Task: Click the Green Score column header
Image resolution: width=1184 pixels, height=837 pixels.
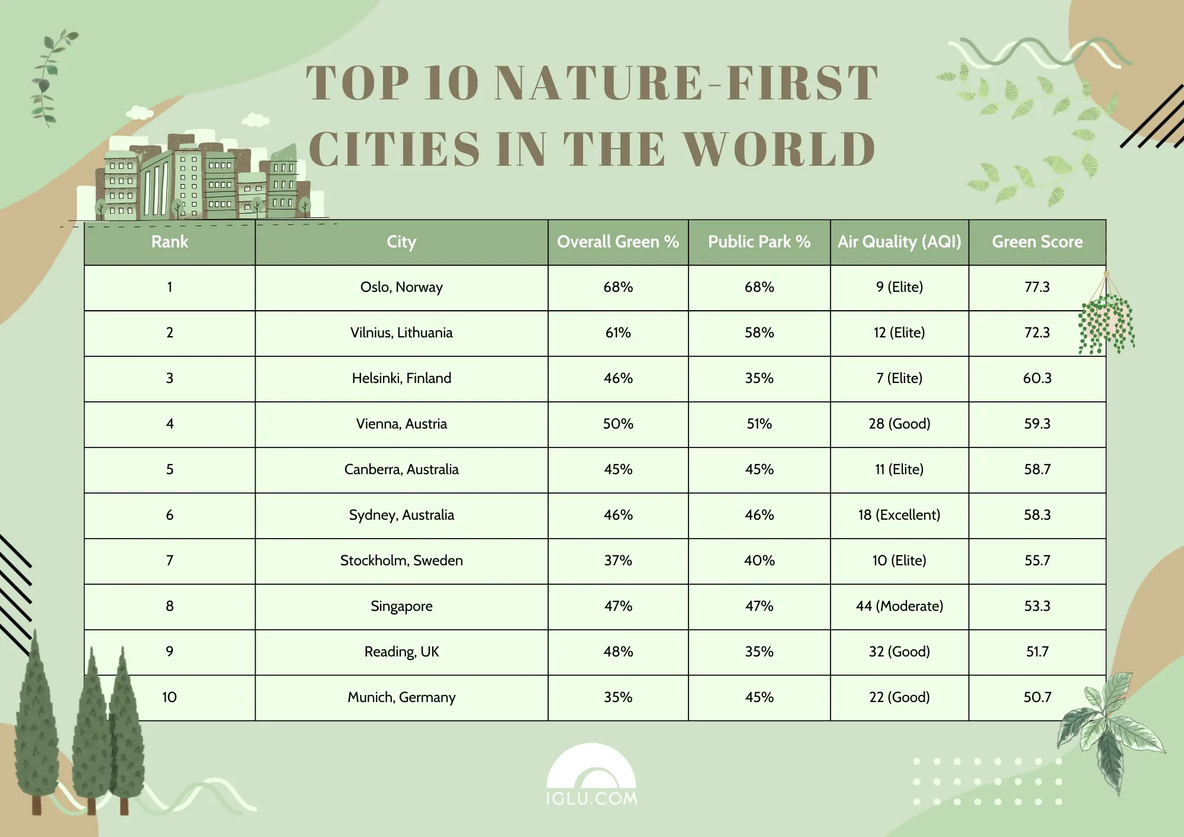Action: click(x=1037, y=242)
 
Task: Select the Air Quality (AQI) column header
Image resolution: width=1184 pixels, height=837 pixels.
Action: click(x=899, y=242)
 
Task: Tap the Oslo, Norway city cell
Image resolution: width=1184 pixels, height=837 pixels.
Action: click(x=401, y=287)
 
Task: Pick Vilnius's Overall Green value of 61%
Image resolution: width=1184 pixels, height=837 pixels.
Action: click(x=618, y=333)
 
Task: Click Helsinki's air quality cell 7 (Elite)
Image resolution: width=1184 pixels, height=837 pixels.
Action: click(x=899, y=378)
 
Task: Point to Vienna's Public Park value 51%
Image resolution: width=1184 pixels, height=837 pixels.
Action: click(x=759, y=424)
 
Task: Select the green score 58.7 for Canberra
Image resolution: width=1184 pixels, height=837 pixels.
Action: click(x=1037, y=469)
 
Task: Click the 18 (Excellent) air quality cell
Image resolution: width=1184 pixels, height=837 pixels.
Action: click(x=899, y=515)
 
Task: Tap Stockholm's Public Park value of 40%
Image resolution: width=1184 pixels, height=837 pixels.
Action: click(x=759, y=561)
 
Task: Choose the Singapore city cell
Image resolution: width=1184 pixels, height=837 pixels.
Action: click(x=401, y=606)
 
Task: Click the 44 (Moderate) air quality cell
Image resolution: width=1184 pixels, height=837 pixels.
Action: click(x=899, y=606)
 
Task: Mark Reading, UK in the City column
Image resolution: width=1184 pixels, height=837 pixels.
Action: click(x=401, y=652)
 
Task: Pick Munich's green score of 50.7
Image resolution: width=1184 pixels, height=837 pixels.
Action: click(x=1037, y=697)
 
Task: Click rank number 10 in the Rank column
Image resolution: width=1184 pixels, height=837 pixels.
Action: click(x=169, y=697)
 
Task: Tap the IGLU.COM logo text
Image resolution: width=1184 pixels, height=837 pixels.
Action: click(x=591, y=799)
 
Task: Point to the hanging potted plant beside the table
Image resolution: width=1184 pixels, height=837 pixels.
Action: click(x=1106, y=323)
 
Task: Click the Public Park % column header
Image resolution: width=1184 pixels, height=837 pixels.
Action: click(x=759, y=242)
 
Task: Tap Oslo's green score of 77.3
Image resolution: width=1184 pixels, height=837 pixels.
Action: click(x=1037, y=287)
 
